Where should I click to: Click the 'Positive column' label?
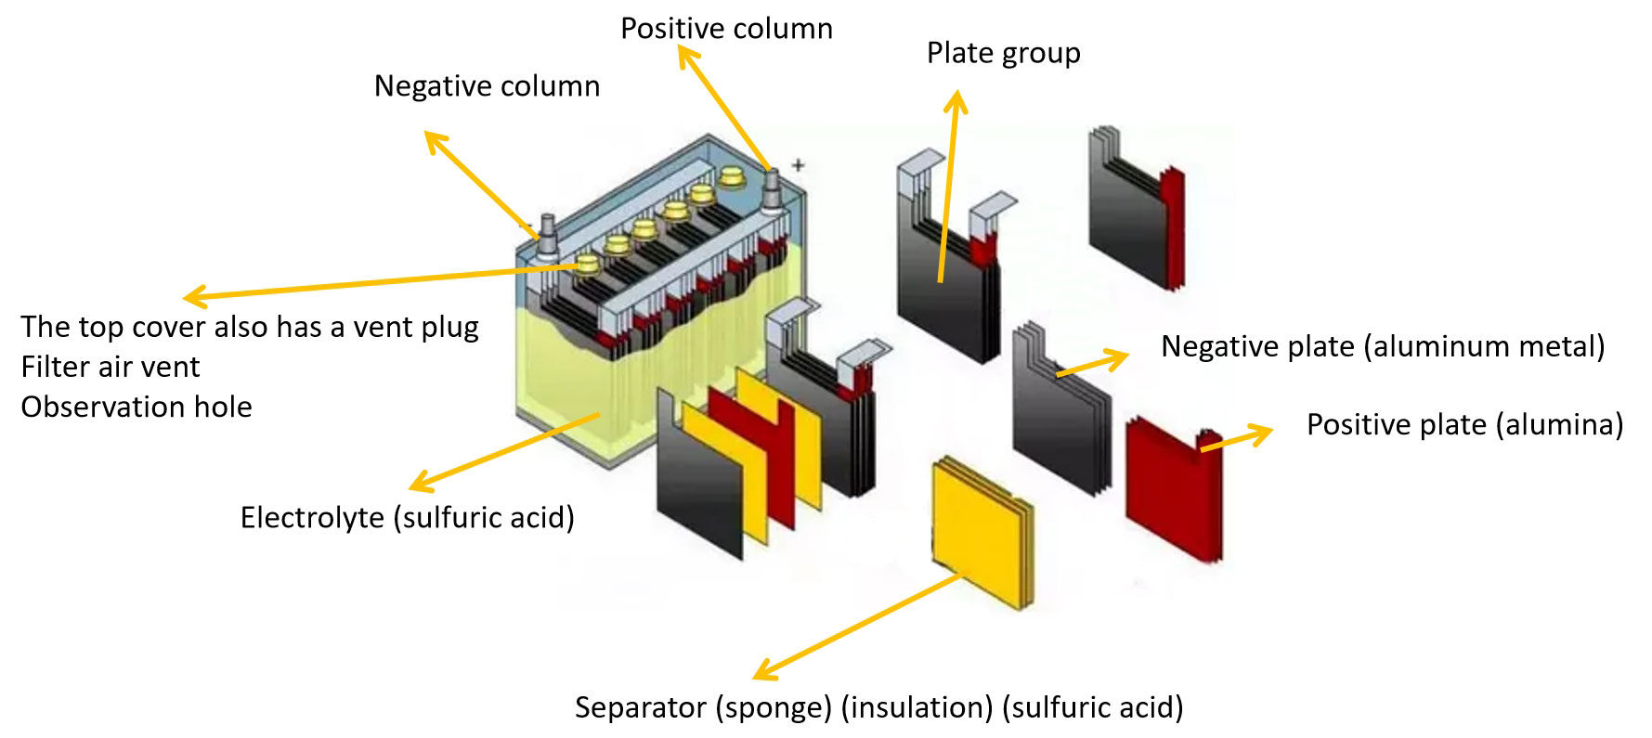pyautogui.click(x=726, y=29)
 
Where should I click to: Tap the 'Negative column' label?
pyautogui.click(x=487, y=86)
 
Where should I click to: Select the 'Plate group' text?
pyautogui.click(x=1003, y=53)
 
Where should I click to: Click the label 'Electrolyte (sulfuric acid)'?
pyautogui.click(x=407, y=517)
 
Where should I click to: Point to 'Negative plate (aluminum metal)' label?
pyautogui.click(x=1382, y=346)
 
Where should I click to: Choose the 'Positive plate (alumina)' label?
pyautogui.click(x=1464, y=424)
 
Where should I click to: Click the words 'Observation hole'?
pyautogui.click(x=137, y=407)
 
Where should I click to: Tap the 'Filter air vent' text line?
pyautogui.click(x=110, y=367)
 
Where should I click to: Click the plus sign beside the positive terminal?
pyautogui.click(x=798, y=165)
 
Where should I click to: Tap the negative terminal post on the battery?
pyautogui.click(x=547, y=232)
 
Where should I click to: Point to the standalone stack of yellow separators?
pyautogui.click(x=982, y=529)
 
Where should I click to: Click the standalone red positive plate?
pyautogui.click(x=1172, y=487)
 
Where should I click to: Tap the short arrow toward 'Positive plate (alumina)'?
pyautogui.click(x=1240, y=439)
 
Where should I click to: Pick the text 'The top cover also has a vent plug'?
pyautogui.click(x=249, y=327)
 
